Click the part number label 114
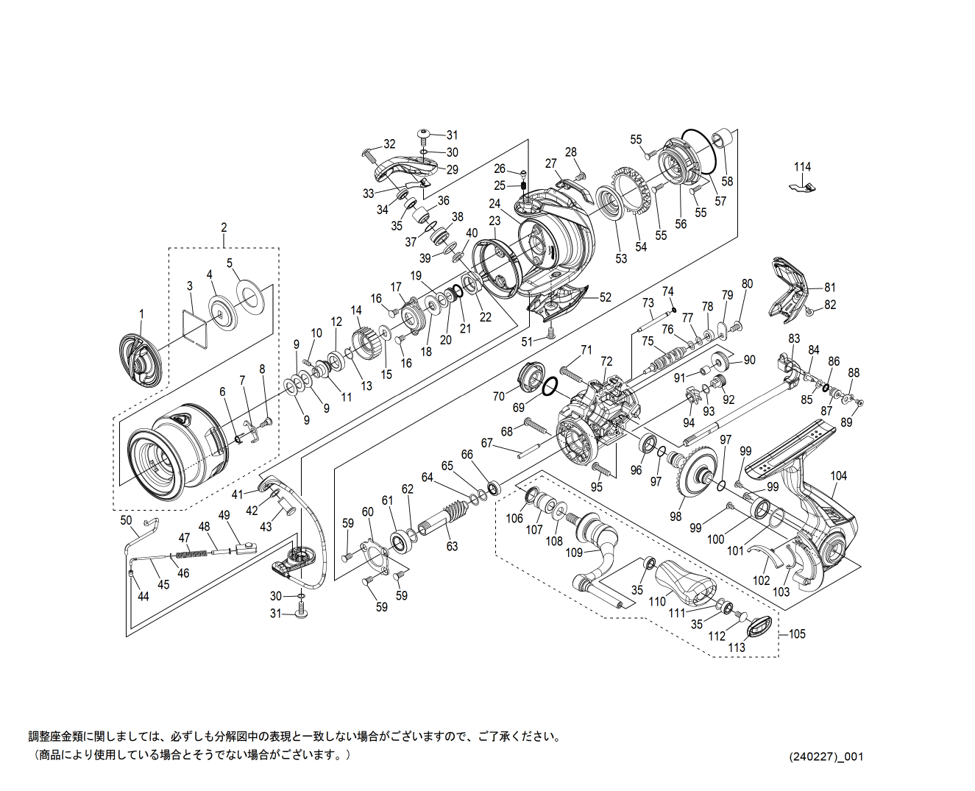click(x=802, y=167)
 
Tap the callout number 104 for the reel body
click(x=839, y=476)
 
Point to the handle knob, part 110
click(x=684, y=581)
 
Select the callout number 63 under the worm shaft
click(x=452, y=546)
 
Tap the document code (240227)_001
click(x=826, y=756)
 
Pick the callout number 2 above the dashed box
click(x=224, y=227)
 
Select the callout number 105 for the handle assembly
click(x=797, y=634)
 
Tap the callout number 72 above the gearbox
click(x=606, y=361)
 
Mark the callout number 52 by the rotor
click(x=605, y=298)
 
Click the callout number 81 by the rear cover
click(x=830, y=288)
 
